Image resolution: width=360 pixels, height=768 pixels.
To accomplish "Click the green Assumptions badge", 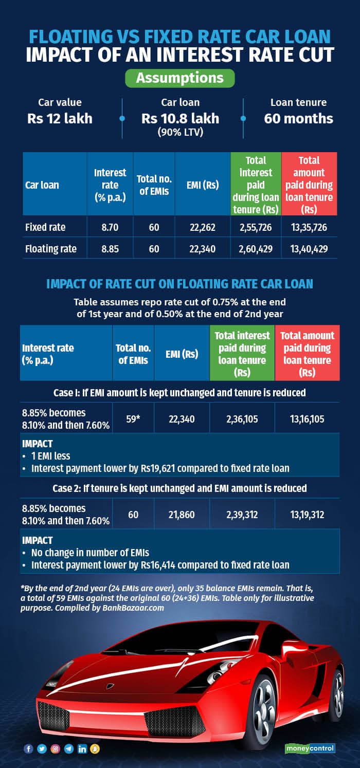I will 179,78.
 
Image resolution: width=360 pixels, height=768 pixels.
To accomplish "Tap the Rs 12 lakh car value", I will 60,118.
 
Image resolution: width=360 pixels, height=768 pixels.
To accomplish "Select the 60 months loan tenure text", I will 298,118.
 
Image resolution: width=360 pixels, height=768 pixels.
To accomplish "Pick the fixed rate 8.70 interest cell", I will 110,227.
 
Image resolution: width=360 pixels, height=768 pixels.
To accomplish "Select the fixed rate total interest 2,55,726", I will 255,227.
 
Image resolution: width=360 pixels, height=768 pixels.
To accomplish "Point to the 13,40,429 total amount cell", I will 309,249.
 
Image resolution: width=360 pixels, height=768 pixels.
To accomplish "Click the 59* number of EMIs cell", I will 133,418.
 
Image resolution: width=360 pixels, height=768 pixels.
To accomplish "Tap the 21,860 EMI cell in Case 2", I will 182,514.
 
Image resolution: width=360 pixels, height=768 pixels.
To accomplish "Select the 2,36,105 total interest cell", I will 242,418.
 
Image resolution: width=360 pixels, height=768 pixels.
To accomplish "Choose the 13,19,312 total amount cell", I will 307,514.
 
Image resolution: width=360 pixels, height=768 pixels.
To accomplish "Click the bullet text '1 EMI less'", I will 50,455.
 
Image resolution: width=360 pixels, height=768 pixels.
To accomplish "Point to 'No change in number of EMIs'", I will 90,553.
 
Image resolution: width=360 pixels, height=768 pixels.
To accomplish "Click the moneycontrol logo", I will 310,748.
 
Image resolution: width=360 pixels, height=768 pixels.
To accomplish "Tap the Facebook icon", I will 29,749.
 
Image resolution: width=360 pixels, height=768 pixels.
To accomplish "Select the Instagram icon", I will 56,749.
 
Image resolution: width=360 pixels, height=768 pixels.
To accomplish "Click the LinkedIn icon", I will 82,749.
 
